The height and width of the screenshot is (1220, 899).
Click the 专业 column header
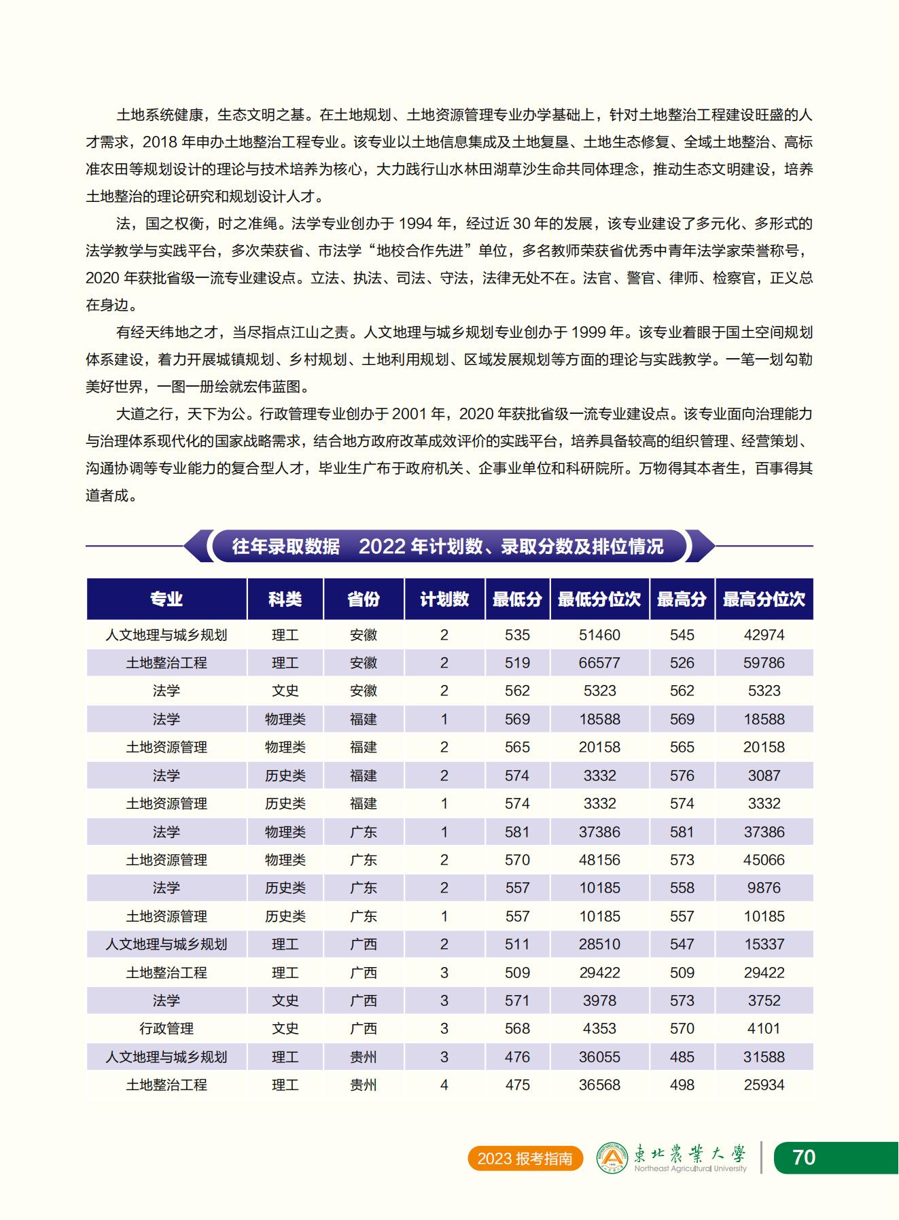coord(166,599)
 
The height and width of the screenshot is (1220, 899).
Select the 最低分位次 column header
coord(599,599)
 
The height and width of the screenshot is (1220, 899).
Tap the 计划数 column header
coord(444,599)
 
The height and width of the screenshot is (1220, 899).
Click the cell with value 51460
coord(599,635)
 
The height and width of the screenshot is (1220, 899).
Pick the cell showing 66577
coord(599,663)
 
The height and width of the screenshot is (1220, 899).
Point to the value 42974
coord(764,635)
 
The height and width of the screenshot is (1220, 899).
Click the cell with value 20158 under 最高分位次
coord(764,747)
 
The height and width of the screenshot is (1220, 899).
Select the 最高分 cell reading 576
coord(682,775)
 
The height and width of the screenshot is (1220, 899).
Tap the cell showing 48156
coord(599,860)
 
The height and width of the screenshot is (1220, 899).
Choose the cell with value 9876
coord(764,888)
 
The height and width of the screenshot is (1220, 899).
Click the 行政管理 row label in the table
coord(166,1028)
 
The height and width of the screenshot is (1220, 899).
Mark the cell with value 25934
coord(764,1085)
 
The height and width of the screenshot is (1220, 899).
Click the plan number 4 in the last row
coord(444,1085)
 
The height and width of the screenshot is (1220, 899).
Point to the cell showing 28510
coord(599,944)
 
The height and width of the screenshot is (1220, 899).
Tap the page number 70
coord(804,1157)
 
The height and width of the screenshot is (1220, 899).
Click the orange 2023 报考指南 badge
coord(525,1158)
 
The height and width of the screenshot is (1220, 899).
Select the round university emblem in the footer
coord(612,1157)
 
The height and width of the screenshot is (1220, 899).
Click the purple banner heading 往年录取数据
coord(286,546)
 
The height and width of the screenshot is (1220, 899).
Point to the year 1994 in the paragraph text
coord(416,224)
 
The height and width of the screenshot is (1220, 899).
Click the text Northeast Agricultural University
coord(690,1169)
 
